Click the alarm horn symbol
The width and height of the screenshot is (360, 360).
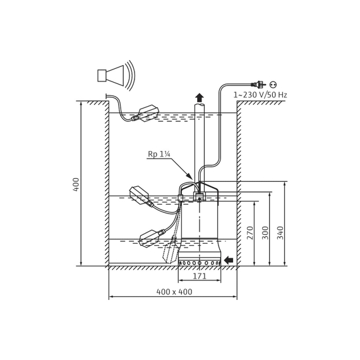[x=116, y=75]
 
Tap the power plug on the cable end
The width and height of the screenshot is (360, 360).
[x=258, y=84]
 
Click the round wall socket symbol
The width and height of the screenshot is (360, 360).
[x=273, y=84]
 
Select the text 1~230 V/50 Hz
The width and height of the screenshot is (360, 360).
[x=260, y=95]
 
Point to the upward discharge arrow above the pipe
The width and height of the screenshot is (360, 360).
[x=200, y=97]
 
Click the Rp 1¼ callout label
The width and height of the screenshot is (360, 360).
[x=159, y=154]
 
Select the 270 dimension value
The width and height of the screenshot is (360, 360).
[x=250, y=233]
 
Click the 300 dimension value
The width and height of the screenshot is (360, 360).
[x=265, y=233]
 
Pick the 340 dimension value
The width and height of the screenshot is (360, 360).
[x=280, y=233]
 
